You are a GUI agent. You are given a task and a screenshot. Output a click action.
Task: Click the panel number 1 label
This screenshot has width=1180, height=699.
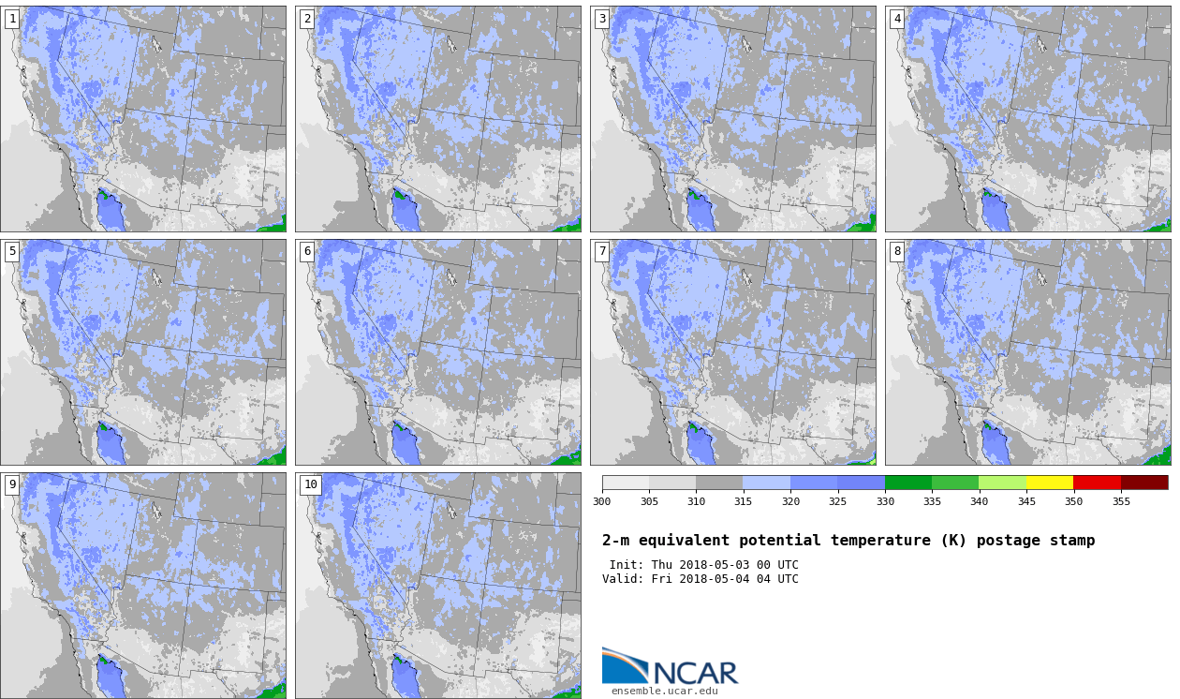pyautogui.click(x=12, y=19)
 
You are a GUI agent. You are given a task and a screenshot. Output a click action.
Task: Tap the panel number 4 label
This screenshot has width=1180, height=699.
pyautogui.click(x=897, y=19)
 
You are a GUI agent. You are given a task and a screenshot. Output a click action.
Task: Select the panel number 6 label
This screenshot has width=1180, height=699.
pyautogui.click(x=307, y=251)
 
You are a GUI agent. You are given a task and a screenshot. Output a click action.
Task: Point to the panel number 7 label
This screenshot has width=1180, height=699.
pyautogui.click(x=602, y=251)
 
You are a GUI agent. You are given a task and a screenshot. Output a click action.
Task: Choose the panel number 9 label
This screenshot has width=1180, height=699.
pyautogui.click(x=12, y=484)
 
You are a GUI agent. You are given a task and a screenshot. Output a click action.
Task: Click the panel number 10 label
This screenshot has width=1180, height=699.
pyautogui.click(x=310, y=484)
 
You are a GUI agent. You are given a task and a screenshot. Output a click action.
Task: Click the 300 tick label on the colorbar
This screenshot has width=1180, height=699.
pyautogui.click(x=602, y=501)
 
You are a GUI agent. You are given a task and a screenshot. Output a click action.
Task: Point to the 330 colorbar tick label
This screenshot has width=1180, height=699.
pyautogui.click(x=885, y=501)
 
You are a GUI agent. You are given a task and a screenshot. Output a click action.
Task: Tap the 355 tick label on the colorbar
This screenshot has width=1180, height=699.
pyautogui.click(x=1121, y=501)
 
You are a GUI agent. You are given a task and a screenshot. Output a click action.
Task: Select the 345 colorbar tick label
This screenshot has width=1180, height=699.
pyautogui.click(x=1026, y=501)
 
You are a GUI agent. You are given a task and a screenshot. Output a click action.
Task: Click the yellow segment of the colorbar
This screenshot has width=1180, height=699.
pyautogui.click(x=1050, y=483)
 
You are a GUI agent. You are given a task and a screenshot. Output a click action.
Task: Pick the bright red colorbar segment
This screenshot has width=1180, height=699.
pyautogui.click(x=1098, y=483)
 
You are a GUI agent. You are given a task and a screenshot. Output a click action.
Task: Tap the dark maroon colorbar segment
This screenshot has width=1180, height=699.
pyautogui.click(x=1144, y=483)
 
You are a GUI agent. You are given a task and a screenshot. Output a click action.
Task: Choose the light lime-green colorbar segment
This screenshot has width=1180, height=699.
pyautogui.click(x=1002, y=483)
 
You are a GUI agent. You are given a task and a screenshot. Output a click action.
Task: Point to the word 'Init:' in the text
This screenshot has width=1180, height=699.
pyautogui.click(x=627, y=565)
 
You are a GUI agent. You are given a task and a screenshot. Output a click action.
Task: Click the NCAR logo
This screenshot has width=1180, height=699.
pyautogui.click(x=671, y=666)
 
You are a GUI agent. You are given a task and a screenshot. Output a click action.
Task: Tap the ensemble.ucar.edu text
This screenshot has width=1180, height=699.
pyautogui.click(x=665, y=691)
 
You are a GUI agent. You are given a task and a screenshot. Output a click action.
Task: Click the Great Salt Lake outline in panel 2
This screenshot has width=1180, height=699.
pyautogui.click(x=451, y=44)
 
